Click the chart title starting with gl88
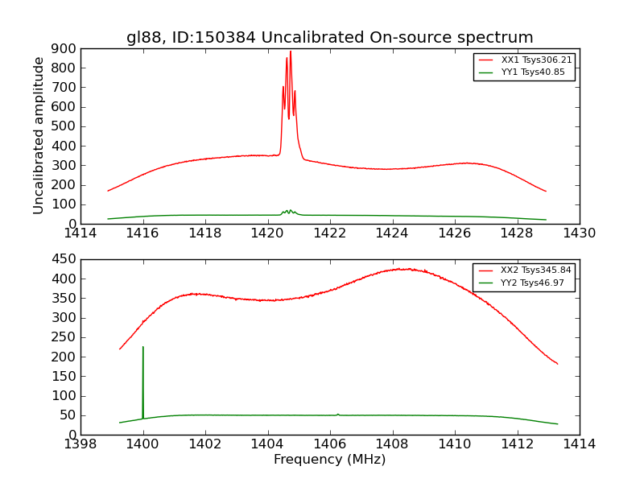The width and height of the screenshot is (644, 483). pos(330,38)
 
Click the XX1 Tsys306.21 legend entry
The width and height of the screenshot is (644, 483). pos(524,60)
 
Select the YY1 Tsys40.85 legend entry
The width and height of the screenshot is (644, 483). pos(524,72)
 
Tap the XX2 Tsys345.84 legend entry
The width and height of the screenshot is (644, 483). pos(523,270)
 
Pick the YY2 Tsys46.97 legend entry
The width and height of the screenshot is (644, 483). pos(523,283)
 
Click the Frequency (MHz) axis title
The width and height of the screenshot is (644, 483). pos(330,460)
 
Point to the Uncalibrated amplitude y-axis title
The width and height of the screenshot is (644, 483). pos(39,135)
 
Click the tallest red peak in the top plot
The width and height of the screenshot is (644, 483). pos(291,52)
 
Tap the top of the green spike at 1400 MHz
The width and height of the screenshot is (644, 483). pos(143,347)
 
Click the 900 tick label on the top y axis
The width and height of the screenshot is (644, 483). pos(64,48)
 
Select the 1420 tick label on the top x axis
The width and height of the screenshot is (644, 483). pos(267,233)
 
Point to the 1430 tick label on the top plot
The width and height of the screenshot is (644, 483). pos(579,233)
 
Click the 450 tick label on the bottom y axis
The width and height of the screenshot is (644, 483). pos(64,259)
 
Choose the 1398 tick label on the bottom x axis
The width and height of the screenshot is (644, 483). pos(81,444)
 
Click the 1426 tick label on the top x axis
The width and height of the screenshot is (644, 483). pos(454,233)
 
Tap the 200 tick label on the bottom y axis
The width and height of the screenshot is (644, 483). pos(64,357)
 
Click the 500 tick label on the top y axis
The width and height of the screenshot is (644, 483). pos(64,126)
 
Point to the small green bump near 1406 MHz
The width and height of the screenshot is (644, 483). pos(338,415)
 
